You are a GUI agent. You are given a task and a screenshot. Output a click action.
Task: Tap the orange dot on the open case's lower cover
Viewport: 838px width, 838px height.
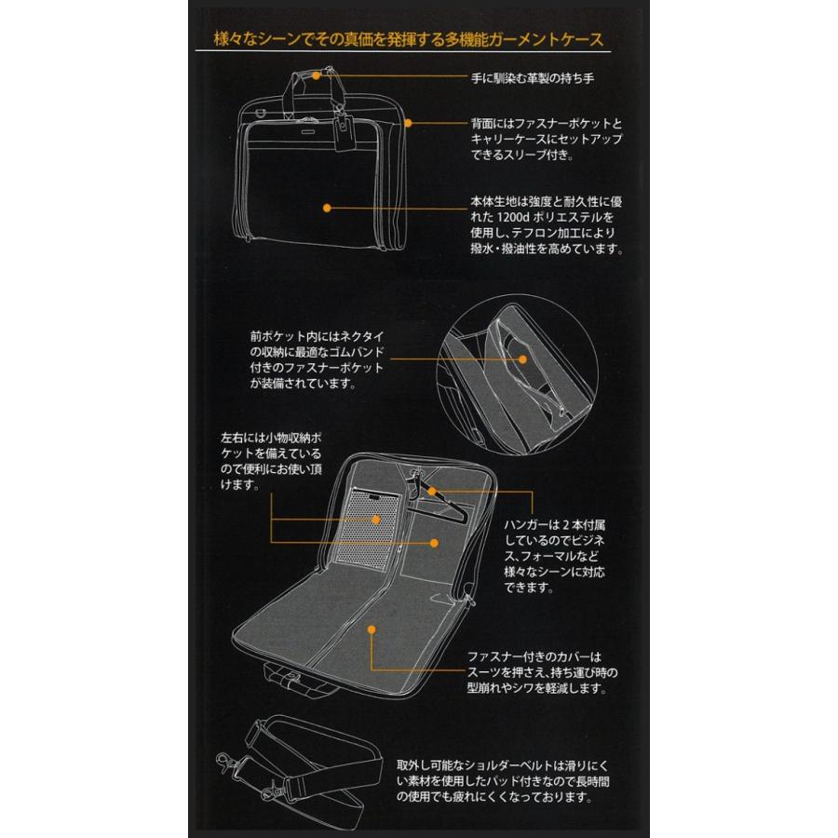tap(372, 629)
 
